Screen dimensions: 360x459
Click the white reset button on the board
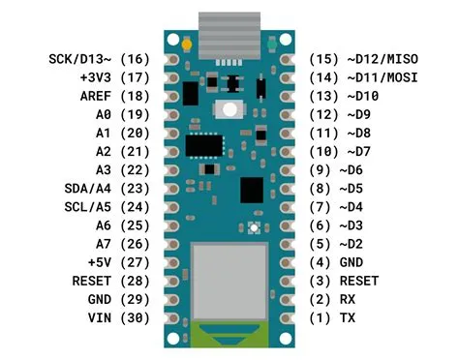(230, 109)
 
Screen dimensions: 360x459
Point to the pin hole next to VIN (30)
(172, 317)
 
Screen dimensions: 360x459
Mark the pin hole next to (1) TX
(287, 317)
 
